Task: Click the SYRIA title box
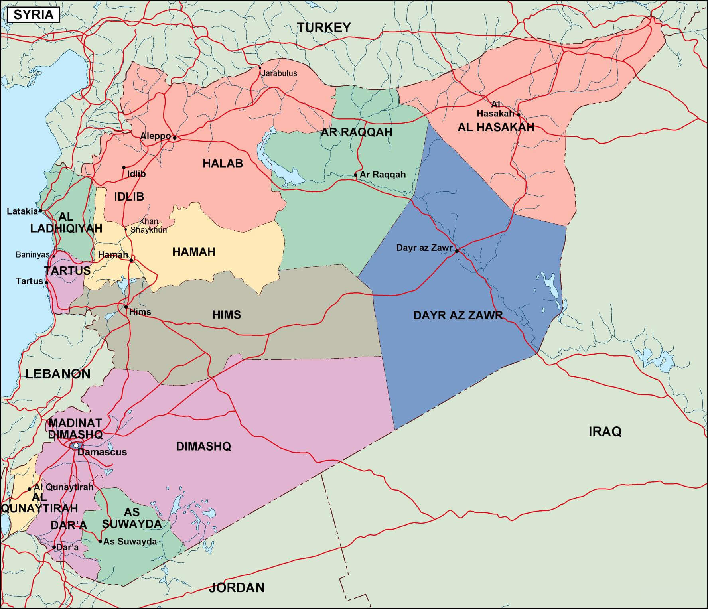point(34,15)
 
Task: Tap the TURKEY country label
point(323,28)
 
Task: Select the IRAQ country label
point(605,432)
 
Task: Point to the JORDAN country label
point(237,587)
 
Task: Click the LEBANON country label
point(58,374)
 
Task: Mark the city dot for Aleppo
point(174,138)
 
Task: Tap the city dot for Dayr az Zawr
point(457,251)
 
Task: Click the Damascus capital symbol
point(75,445)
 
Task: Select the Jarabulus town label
point(279,73)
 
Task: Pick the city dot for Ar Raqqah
point(356,175)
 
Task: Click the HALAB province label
point(223,163)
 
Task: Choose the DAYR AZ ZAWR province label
point(458,315)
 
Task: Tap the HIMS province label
point(227,315)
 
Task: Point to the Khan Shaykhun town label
point(148,226)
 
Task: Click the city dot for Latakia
point(41,211)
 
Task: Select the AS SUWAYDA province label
point(132,518)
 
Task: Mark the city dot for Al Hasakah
point(519,114)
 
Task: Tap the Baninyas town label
point(33,254)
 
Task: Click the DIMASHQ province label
point(203,446)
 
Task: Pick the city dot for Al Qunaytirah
point(29,489)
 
